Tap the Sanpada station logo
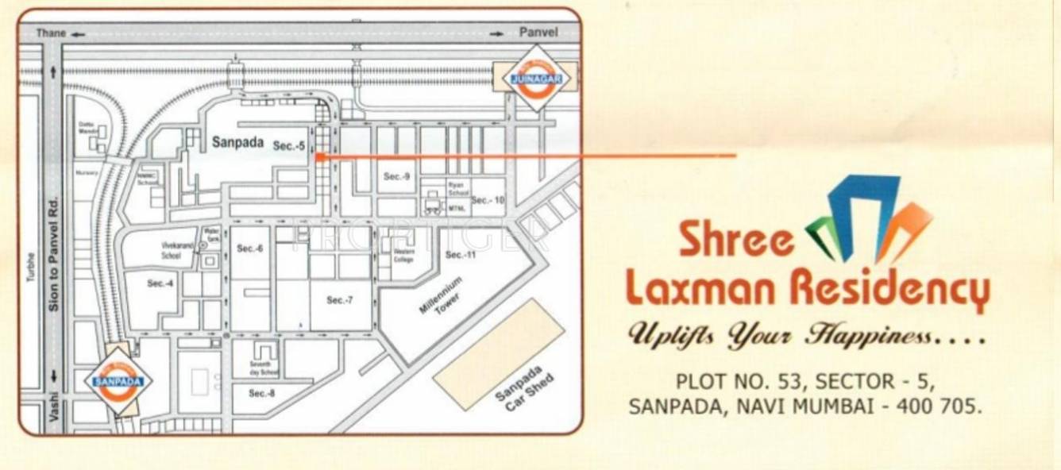pyautogui.click(x=118, y=380)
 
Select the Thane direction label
pyautogui.click(x=52, y=33)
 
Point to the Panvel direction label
pyautogui.click(x=538, y=33)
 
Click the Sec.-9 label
pyautogui.click(x=396, y=176)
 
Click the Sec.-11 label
pyautogui.click(x=460, y=255)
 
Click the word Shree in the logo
pyautogui.click(x=735, y=241)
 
